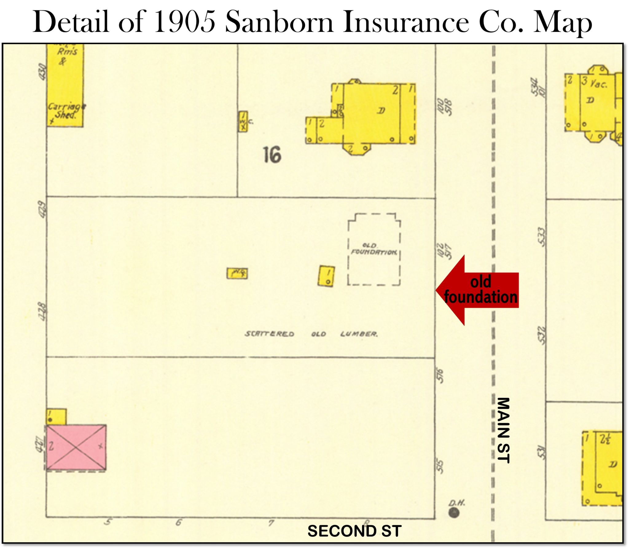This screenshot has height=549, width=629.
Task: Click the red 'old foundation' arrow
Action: [x=479, y=290]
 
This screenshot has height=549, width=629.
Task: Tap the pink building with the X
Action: [x=76, y=447]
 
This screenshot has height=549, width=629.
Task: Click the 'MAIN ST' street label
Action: [x=503, y=430]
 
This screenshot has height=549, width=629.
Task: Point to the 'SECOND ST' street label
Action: [x=354, y=531]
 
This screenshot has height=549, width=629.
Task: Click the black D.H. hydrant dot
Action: [x=454, y=513]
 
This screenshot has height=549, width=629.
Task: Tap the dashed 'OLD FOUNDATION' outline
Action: [x=374, y=249]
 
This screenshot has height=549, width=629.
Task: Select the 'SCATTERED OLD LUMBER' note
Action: [x=311, y=334]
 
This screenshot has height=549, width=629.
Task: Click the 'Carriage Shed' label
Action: [x=66, y=111]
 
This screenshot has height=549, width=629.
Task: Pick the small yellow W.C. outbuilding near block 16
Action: [x=243, y=121]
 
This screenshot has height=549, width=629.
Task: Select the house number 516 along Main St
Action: [x=440, y=376]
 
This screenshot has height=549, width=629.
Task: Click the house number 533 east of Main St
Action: [x=542, y=237]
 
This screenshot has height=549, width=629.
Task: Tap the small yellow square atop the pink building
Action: [x=56, y=417]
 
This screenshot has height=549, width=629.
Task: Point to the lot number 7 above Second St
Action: [x=271, y=523]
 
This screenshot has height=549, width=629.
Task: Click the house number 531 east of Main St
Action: [x=542, y=452]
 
